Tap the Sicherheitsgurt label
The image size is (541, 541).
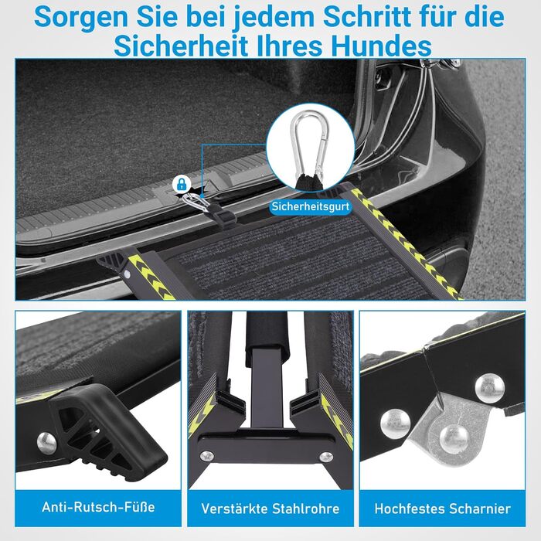pos(310,206)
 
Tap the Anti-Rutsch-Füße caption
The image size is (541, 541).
pos(98,507)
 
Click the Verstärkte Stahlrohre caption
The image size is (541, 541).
pos(270,509)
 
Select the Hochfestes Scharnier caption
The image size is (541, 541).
pos(443,509)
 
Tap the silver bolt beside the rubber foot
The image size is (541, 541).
pos(46,443)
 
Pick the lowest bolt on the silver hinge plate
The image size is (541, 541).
pos(454,438)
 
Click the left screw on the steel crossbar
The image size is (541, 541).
pos(207,456)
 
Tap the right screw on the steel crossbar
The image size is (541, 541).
pos(326,458)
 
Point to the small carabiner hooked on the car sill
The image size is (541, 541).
pos(195,203)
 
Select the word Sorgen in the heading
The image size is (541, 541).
pos(83,18)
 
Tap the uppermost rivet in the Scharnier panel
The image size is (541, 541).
pos(489,388)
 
